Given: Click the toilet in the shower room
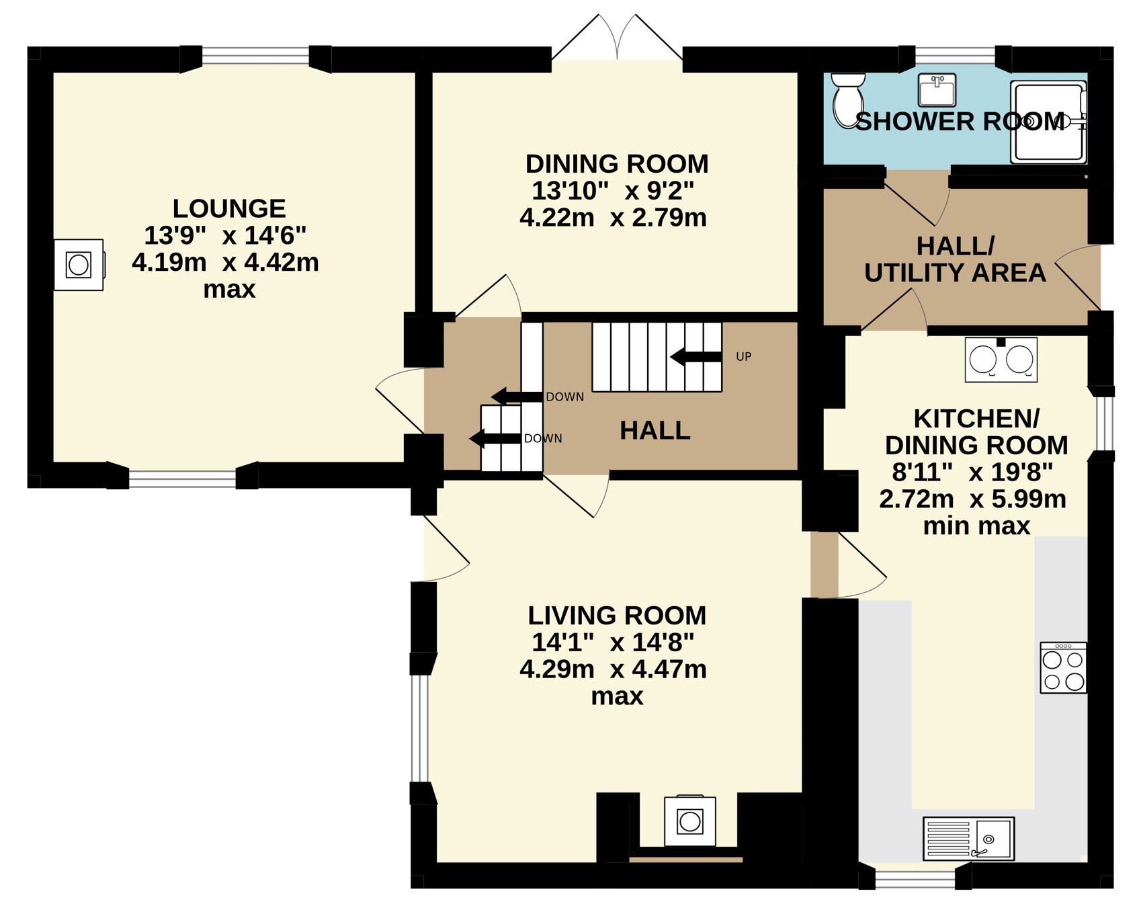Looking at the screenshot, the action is tap(848, 100).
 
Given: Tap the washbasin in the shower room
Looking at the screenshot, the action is tap(937, 90).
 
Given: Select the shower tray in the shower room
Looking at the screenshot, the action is tap(1048, 122).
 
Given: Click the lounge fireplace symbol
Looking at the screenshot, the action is tap(79, 265).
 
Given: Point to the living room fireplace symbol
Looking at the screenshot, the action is tap(690, 821).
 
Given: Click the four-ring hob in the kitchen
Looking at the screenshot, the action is tap(1063, 667).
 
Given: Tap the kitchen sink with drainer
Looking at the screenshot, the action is tap(968, 838).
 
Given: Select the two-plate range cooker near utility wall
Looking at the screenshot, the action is tap(1001, 360).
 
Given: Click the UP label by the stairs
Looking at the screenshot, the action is tap(744, 357).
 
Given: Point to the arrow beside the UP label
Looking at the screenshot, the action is tap(696, 357).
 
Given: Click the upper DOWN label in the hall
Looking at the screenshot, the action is tap(564, 397).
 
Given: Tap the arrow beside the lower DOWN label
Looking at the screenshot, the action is tap(495, 439).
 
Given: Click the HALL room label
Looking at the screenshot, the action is tap(655, 431).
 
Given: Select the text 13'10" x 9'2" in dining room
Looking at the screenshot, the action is tap(613, 191).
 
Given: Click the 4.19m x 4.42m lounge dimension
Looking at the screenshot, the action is tap(225, 262).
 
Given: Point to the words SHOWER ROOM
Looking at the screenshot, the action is tap(960, 122).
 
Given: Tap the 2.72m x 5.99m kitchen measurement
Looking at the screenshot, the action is tap(973, 499).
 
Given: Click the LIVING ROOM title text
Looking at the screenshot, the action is tap(617, 616).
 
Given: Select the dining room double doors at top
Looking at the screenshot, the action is tap(617, 38).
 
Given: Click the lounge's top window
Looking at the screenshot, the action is tap(256, 55).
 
